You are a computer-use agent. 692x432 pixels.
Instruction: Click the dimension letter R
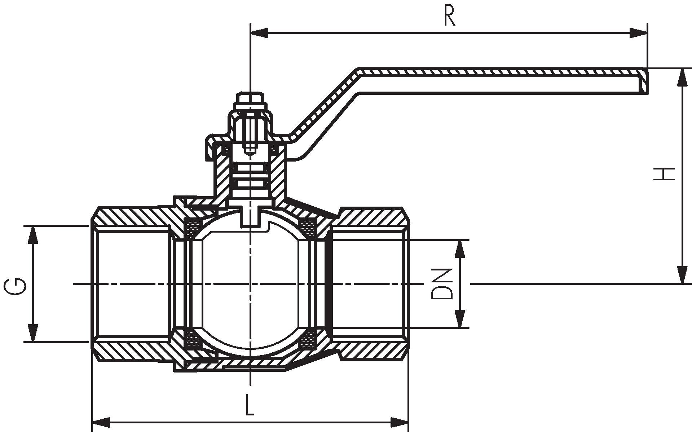(x=449, y=16)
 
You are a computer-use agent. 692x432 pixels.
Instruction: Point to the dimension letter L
(x=250, y=405)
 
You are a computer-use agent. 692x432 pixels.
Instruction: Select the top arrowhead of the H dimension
(x=682, y=77)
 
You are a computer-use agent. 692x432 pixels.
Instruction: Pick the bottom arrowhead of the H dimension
(x=682, y=275)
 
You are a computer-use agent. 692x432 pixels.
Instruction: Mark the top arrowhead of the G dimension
(x=33, y=235)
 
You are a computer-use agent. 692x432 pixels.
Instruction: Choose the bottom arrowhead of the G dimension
(x=33, y=333)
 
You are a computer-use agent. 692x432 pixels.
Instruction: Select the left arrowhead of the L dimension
(x=102, y=421)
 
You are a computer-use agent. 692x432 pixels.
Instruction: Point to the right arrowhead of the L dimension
(x=400, y=421)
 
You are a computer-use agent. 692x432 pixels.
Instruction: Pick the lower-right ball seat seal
(x=308, y=339)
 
